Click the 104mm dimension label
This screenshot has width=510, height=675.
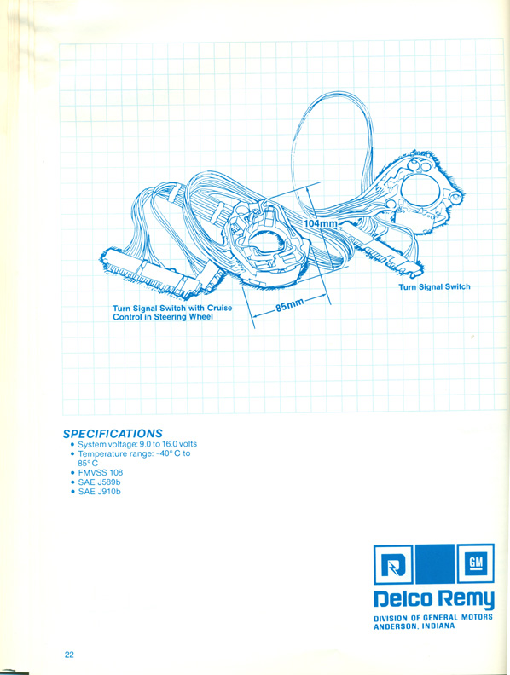pos(321,223)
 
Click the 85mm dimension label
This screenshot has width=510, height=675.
pos(290,305)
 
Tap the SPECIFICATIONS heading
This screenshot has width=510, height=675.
pos(113,433)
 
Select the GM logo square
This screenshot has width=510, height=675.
pos(476,563)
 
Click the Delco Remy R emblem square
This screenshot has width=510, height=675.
pos(393,564)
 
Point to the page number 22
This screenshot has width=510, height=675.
pos(69,655)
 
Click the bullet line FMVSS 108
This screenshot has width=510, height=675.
pos(101,472)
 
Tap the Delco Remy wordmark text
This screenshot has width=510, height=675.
pos(434,599)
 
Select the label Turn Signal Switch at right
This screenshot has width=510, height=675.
pos(434,286)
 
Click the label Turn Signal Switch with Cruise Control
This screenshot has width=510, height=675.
pos(172,313)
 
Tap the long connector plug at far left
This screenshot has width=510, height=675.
pos(151,274)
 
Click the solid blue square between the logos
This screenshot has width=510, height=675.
pos(435,564)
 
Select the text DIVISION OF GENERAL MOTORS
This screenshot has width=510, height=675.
pos(433,618)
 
